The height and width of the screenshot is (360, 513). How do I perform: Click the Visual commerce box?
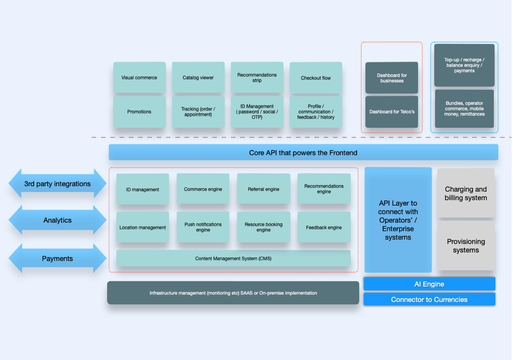[139, 77]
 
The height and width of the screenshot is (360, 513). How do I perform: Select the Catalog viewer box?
[198, 77]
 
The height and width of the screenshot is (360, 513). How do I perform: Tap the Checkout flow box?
[316, 78]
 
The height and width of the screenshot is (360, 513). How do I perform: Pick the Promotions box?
[139, 112]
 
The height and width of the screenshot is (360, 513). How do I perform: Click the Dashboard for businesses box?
[392, 78]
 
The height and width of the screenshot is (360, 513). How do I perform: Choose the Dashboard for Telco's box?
[392, 112]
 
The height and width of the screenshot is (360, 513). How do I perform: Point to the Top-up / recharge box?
[464, 65]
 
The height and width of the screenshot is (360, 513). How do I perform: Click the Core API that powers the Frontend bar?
[303, 152]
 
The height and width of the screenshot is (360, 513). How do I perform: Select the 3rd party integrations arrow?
[57, 183]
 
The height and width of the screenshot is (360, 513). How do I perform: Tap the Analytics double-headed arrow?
[57, 220]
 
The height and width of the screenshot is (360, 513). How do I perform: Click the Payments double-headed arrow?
[57, 258]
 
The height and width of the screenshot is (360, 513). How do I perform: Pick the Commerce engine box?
[203, 189]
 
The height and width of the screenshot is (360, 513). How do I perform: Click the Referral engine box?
[264, 189]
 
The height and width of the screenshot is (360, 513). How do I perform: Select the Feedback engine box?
[324, 227]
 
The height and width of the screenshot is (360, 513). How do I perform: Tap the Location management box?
[143, 227]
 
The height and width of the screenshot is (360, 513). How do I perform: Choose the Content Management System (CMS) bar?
[233, 258]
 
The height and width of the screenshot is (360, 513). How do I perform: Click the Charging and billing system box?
[466, 193]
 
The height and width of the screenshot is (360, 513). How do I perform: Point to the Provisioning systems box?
[466, 245]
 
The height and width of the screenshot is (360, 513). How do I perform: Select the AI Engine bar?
[429, 284]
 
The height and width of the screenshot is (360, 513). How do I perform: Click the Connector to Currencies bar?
[429, 299]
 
